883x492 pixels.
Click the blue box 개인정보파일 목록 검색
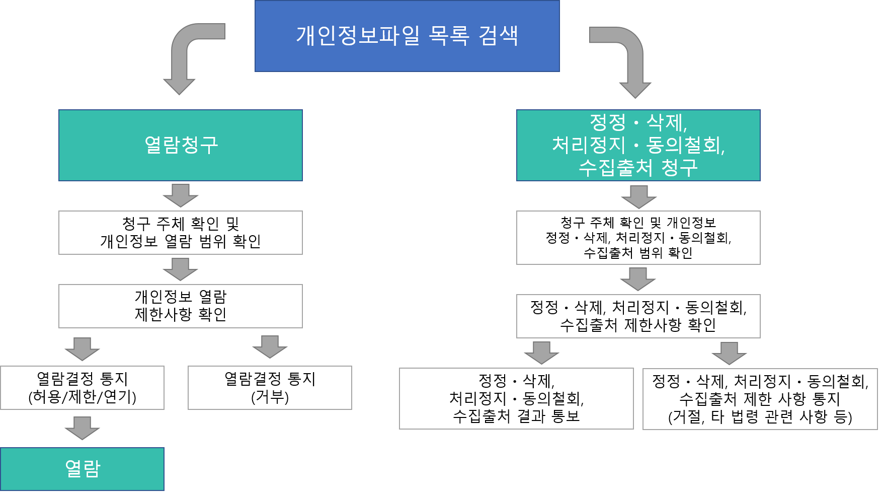pyautogui.click(x=407, y=36)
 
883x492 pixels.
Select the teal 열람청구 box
pyautogui.click(x=180, y=145)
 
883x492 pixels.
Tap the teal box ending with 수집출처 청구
pyautogui.click(x=638, y=145)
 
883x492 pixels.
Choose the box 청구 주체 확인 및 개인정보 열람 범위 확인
pyautogui.click(x=180, y=233)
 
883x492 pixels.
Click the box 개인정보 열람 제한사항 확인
pyautogui.click(x=180, y=306)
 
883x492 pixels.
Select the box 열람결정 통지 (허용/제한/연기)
pyautogui.click(x=82, y=388)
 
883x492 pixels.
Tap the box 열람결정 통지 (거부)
pyautogui.click(x=270, y=388)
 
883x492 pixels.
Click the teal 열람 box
pyautogui.click(x=82, y=469)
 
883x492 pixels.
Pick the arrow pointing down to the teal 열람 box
pyautogui.click(x=82, y=428)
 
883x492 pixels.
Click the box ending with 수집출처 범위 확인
pyautogui.click(x=638, y=238)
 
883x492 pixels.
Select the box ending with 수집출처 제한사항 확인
pyautogui.click(x=638, y=316)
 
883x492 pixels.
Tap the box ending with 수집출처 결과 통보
pyautogui.click(x=516, y=399)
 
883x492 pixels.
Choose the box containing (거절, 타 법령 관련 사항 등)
pyautogui.click(x=760, y=399)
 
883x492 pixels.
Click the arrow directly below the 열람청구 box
pyautogui.click(x=180, y=195)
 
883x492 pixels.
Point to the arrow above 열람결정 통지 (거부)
pyautogui.click(x=270, y=347)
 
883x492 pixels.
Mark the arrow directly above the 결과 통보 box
pyautogui.click(x=541, y=353)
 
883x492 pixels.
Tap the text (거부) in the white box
pyautogui.click(x=270, y=397)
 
